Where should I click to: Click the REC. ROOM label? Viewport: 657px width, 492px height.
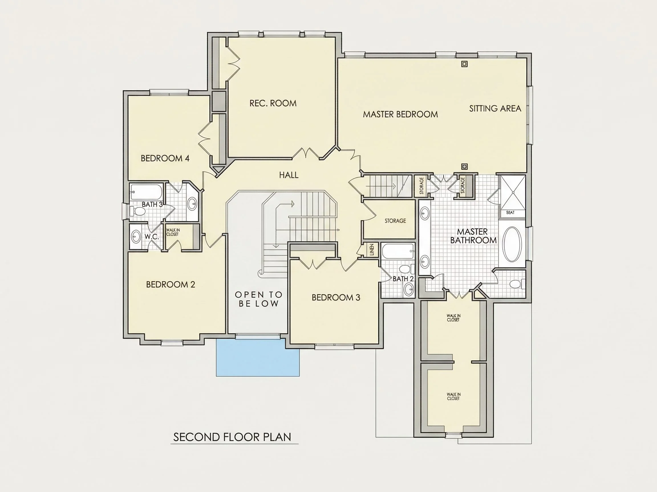point(273,103)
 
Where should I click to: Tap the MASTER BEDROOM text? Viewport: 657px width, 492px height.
point(400,114)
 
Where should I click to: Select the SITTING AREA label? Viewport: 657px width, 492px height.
point(495,108)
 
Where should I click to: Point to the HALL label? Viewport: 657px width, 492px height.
point(289,175)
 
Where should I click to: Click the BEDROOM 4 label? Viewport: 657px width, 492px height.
point(165,158)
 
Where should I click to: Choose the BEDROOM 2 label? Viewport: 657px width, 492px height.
point(171,284)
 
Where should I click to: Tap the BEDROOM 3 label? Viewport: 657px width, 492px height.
point(336,298)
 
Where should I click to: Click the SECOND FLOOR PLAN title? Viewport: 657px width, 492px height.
point(232,437)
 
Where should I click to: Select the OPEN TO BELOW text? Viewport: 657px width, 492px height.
point(259,299)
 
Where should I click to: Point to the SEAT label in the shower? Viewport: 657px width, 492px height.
point(510,213)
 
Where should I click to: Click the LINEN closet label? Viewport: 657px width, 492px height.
point(372,250)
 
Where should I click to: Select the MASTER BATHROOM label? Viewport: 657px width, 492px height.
point(473,236)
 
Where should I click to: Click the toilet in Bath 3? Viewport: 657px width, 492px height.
point(137,211)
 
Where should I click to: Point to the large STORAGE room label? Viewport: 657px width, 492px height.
point(395,221)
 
